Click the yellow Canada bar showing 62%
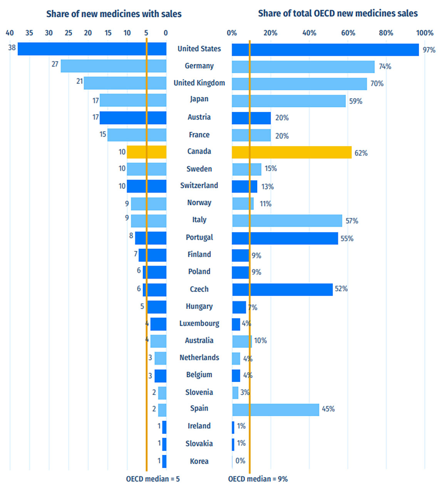292,152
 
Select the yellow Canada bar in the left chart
146,152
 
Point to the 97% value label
429,50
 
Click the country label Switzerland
199,185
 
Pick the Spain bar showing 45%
276,410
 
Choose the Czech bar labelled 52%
282,290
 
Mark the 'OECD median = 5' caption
153,479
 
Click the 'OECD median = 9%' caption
258,479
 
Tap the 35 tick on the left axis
29,33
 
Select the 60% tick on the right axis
348,33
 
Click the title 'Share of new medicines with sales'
114,14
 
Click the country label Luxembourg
199,323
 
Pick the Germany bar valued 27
113,66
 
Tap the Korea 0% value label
240,461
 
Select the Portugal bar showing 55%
285,238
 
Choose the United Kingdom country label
199,83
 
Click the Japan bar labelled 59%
288,101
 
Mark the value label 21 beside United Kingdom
80,81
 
